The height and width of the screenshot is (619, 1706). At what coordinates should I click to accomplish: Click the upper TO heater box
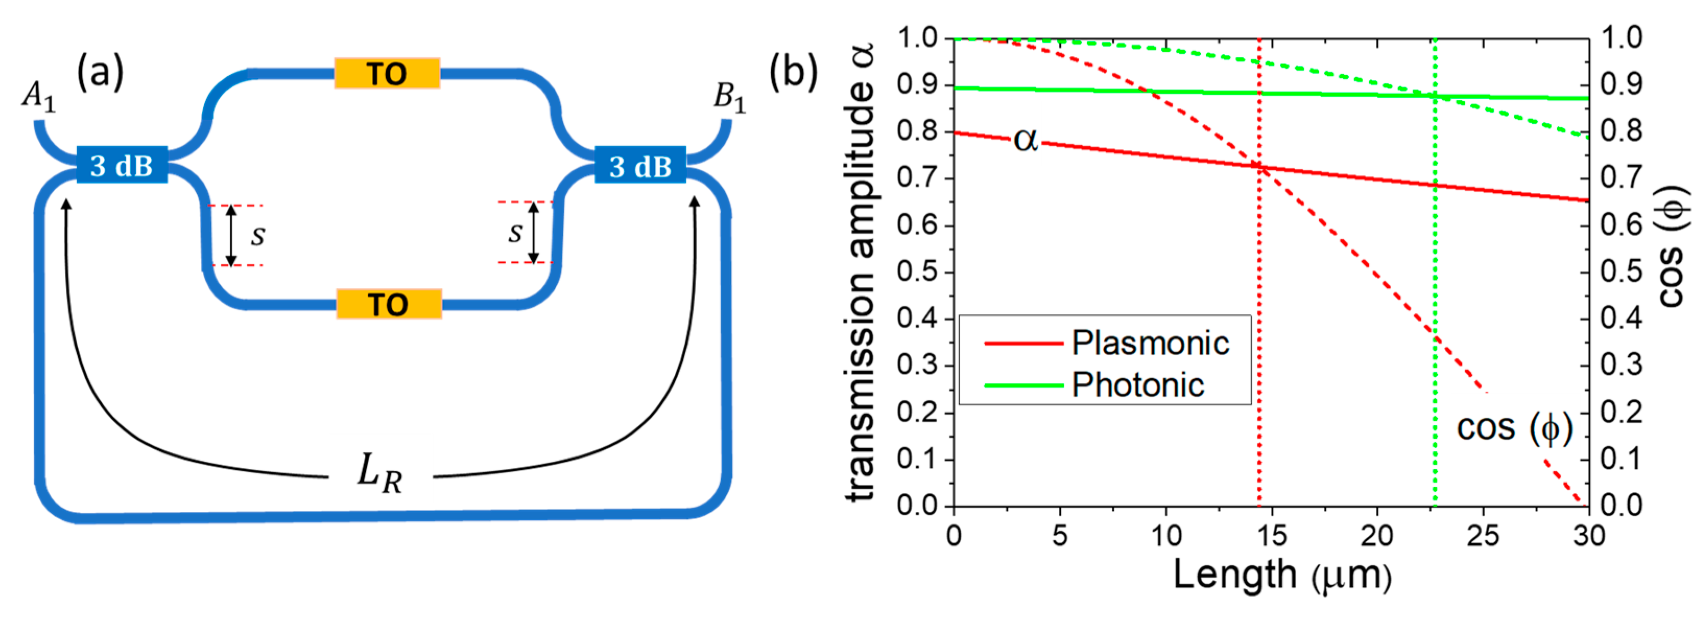tap(387, 74)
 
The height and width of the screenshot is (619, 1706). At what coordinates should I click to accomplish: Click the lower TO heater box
tap(389, 304)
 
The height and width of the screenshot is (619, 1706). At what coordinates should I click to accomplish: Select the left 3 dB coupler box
tap(122, 165)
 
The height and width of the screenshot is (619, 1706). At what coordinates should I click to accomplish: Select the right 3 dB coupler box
tap(640, 165)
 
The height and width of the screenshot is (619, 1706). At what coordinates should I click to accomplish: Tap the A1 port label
tap(39, 98)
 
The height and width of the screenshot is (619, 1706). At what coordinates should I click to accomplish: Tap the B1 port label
tap(729, 98)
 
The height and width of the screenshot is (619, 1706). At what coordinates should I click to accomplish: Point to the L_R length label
tap(379, 474)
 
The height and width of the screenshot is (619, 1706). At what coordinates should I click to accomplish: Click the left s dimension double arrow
tap(231, 235)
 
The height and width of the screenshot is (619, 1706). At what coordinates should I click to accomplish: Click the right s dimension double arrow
tap(533, 232)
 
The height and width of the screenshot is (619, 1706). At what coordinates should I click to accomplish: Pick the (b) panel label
tap(793, 72)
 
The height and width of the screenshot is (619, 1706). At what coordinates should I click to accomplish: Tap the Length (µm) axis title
tap(1282, 575)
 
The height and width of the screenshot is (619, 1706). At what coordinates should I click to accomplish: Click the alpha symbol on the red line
tap(1025, 140)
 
